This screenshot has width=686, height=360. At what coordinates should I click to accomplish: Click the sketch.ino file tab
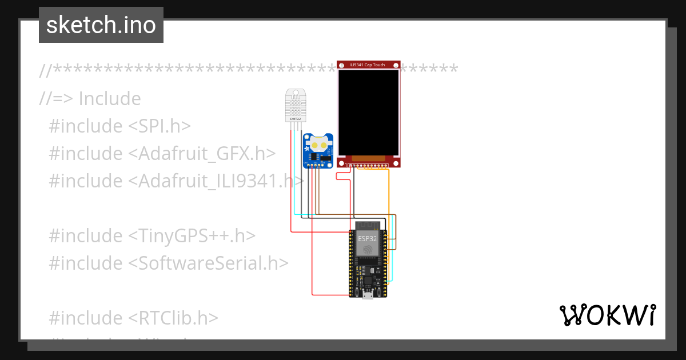pyautogui.click(x=101, y=25)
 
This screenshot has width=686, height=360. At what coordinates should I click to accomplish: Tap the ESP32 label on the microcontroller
pyautogui.click(x=368, y=238)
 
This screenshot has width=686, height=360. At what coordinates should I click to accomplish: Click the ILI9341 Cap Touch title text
pyautogui.click(x=368, y=65)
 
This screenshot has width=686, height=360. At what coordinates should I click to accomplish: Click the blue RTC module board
pyautogui.click(x=318, y=151)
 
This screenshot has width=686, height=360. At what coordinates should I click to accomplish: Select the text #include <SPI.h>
pyautogui.click(x=120, y=126)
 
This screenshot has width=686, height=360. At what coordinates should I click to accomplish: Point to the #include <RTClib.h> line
pyautogui.click(x=134, y=318)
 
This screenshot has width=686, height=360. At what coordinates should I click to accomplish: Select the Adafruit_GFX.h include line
pyautogui.click(x=162, y=153)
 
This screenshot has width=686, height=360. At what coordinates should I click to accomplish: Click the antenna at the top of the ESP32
pyautogui.click(x=368, y=225)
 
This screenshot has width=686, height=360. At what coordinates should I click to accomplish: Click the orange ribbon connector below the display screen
pyautogui.click(x=368, y=158)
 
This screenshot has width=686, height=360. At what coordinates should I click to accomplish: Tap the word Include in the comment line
pyautogui.click(x=110, y=98)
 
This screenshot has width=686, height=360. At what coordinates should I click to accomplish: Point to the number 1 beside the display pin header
pyautogui.click(x=345, y=165)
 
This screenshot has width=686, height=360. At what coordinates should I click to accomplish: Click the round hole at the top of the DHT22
pyautogui.click(x=295, y=93)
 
